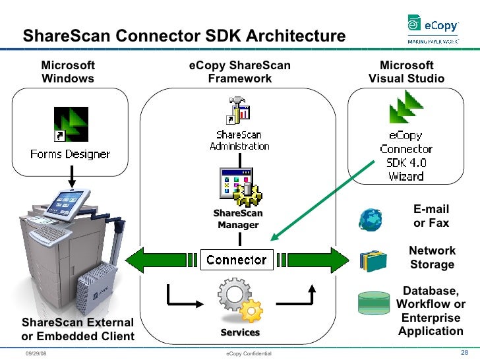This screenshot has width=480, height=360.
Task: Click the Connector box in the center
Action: (x=236, y=260)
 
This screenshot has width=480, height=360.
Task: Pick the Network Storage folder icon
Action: (x=373, y=260)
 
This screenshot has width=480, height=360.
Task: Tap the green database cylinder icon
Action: (x=373, y=303)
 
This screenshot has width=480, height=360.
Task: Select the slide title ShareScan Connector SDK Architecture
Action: (x=184, y=36)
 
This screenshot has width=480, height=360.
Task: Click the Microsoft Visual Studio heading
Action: (x=406, y=72)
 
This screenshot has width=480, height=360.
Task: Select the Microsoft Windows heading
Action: (x=68, y=72)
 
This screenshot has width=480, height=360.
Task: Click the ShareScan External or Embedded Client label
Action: (x=78, y=330)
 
